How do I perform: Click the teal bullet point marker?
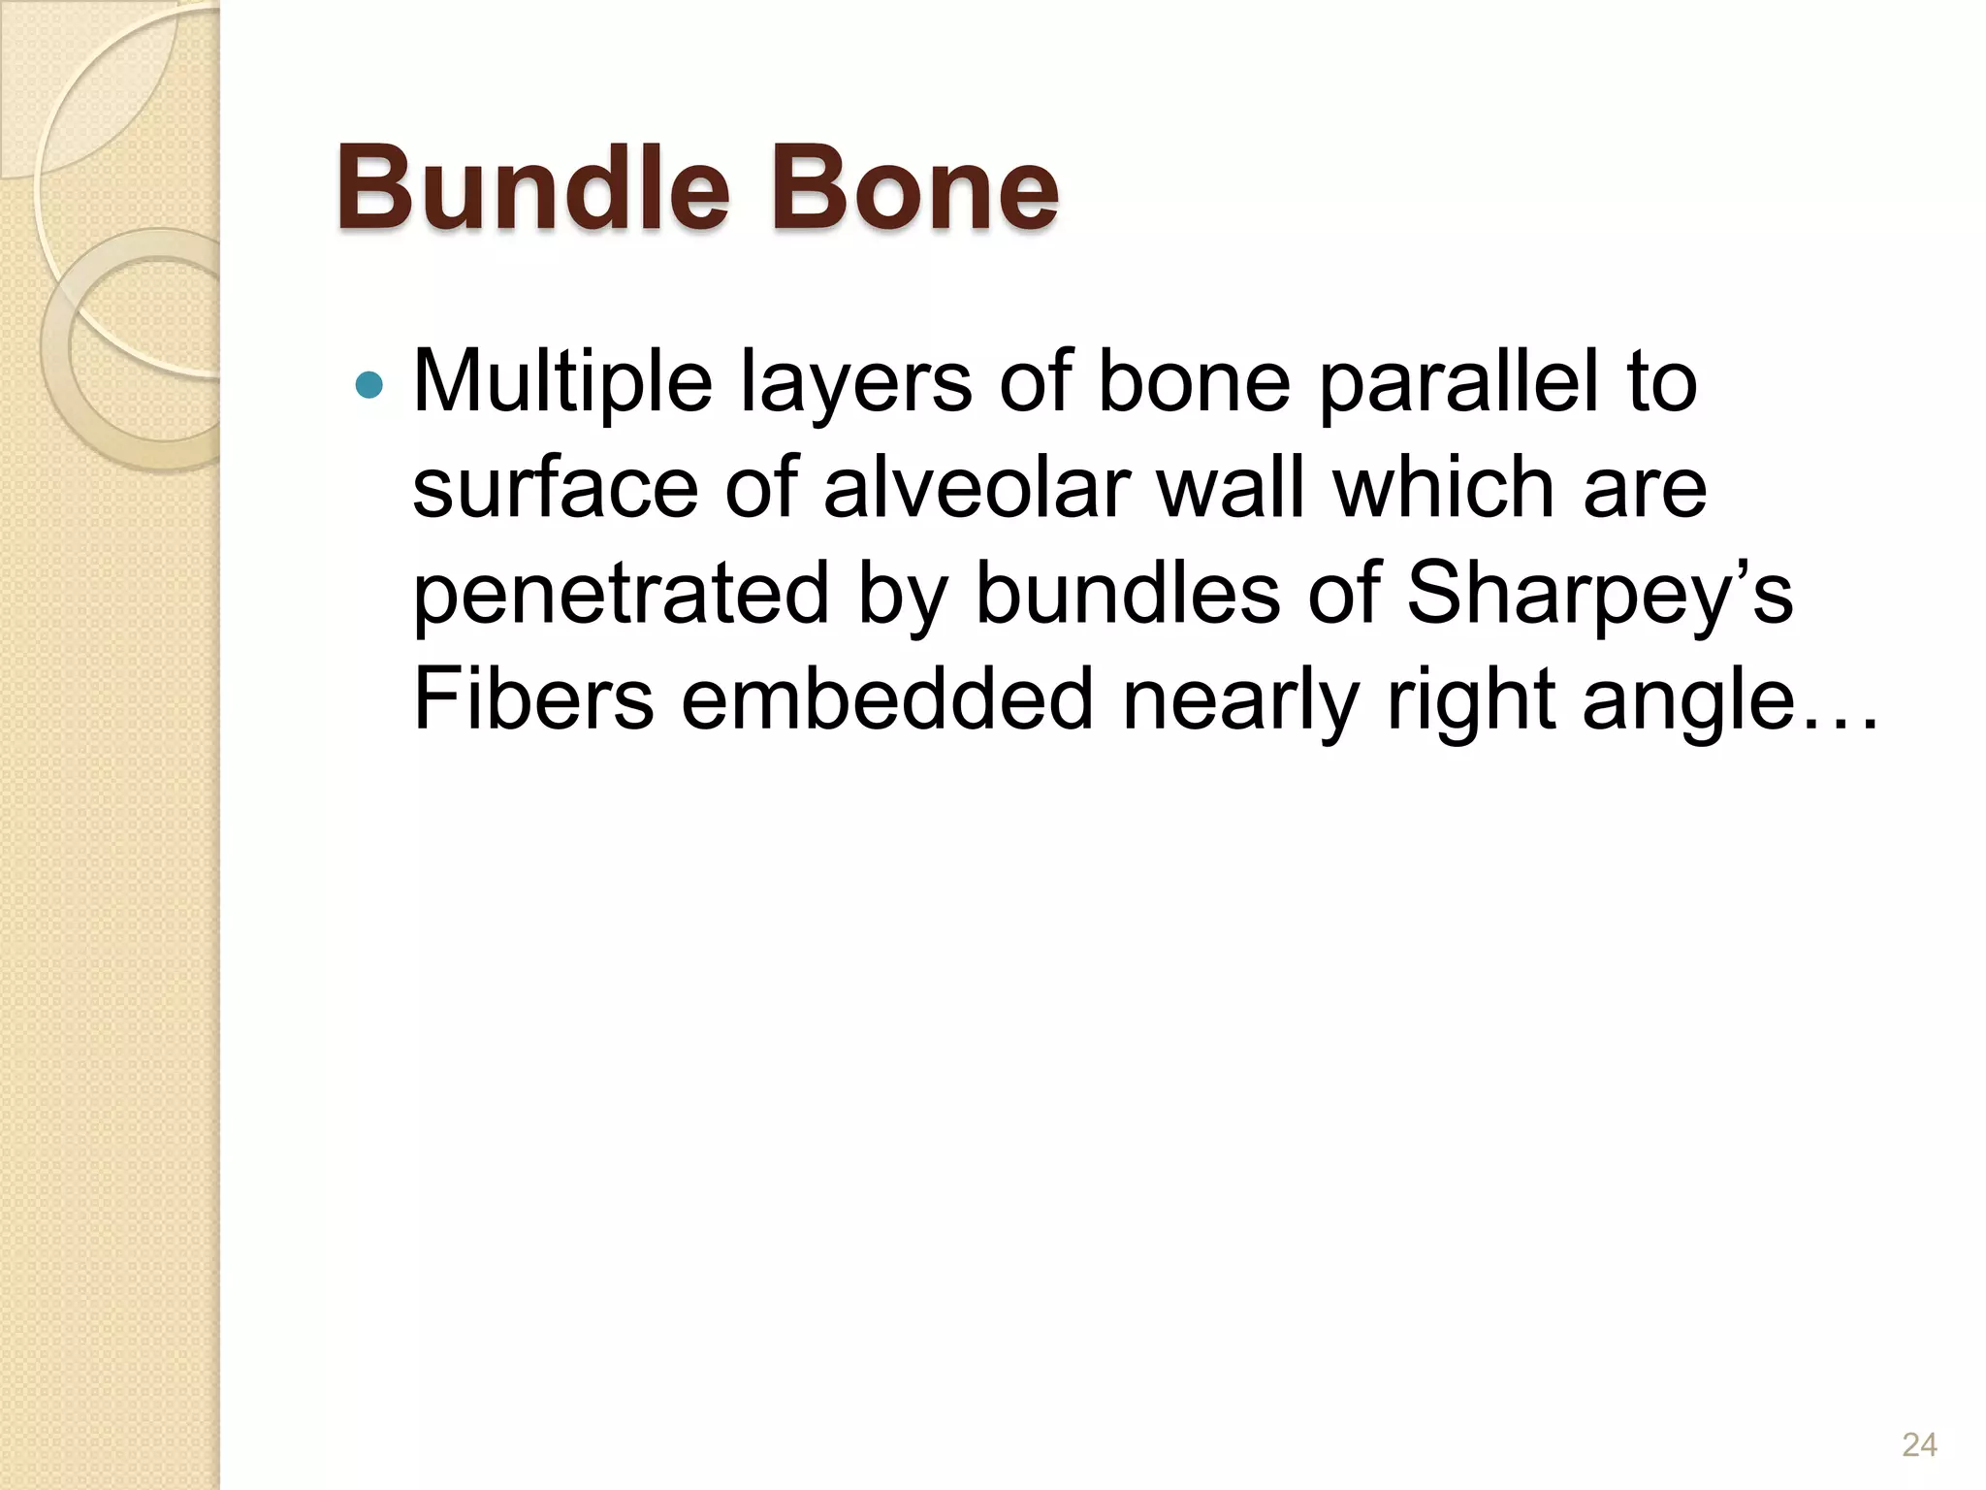369,386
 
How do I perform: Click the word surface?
555,488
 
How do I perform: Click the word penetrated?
622,594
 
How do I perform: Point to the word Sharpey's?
1599,594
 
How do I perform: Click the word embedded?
887,699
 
